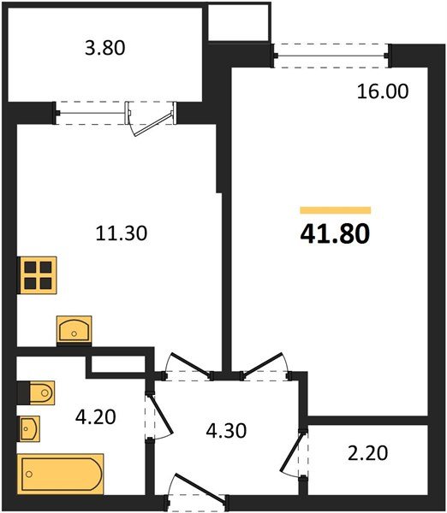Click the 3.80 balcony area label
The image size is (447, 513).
click(x=102, y=49)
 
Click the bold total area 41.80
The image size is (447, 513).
click(x=336, y=233)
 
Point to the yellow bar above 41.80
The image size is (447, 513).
click(x=335, y=209)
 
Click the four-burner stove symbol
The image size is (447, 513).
click(x=37, y=275)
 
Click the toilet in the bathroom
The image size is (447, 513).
click(x=39, y=392)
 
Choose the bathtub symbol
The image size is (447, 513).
click(x=62, y=473)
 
